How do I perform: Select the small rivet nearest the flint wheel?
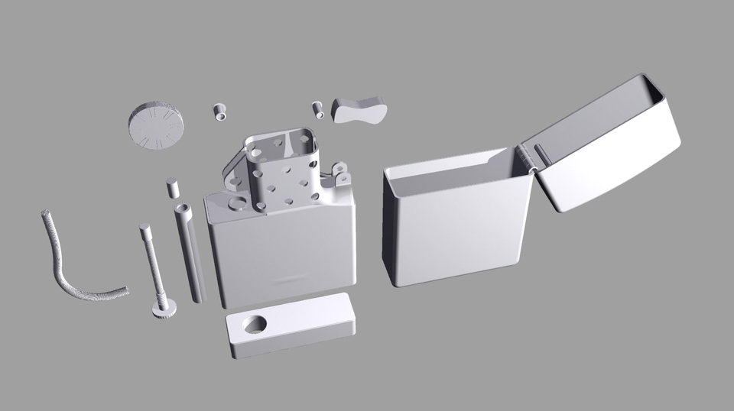[x=219, y=112]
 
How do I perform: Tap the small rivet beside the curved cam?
[x=318, y=109]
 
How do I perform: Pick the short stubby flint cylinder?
[x=172, y=188]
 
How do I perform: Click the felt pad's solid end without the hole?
[x=321, y=321]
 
